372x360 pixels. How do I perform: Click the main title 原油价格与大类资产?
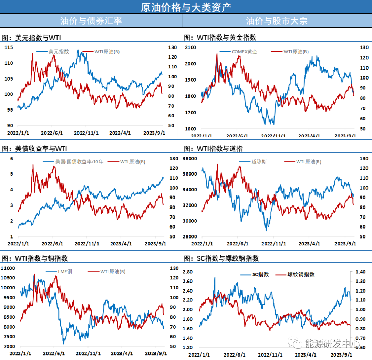(x=186, y=7)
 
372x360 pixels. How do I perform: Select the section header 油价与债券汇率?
(x=91, y=21)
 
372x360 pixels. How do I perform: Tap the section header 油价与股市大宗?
(x=277, y=21)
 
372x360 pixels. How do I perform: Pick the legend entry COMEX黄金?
(x=245, y=52)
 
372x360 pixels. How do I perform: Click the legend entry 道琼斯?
(x=259, y=161)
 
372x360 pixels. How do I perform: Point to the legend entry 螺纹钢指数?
(x=301, y=274)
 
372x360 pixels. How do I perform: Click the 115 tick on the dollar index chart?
(x=9, y=47)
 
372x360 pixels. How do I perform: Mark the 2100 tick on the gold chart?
(x=191, y=47)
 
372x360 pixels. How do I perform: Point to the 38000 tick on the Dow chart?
(x=189, y=159)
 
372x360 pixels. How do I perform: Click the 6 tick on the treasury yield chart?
(x=12, y=159)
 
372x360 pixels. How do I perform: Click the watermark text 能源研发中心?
(x=332, y=343)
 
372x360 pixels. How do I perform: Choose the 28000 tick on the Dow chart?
(x=189, y=237)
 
